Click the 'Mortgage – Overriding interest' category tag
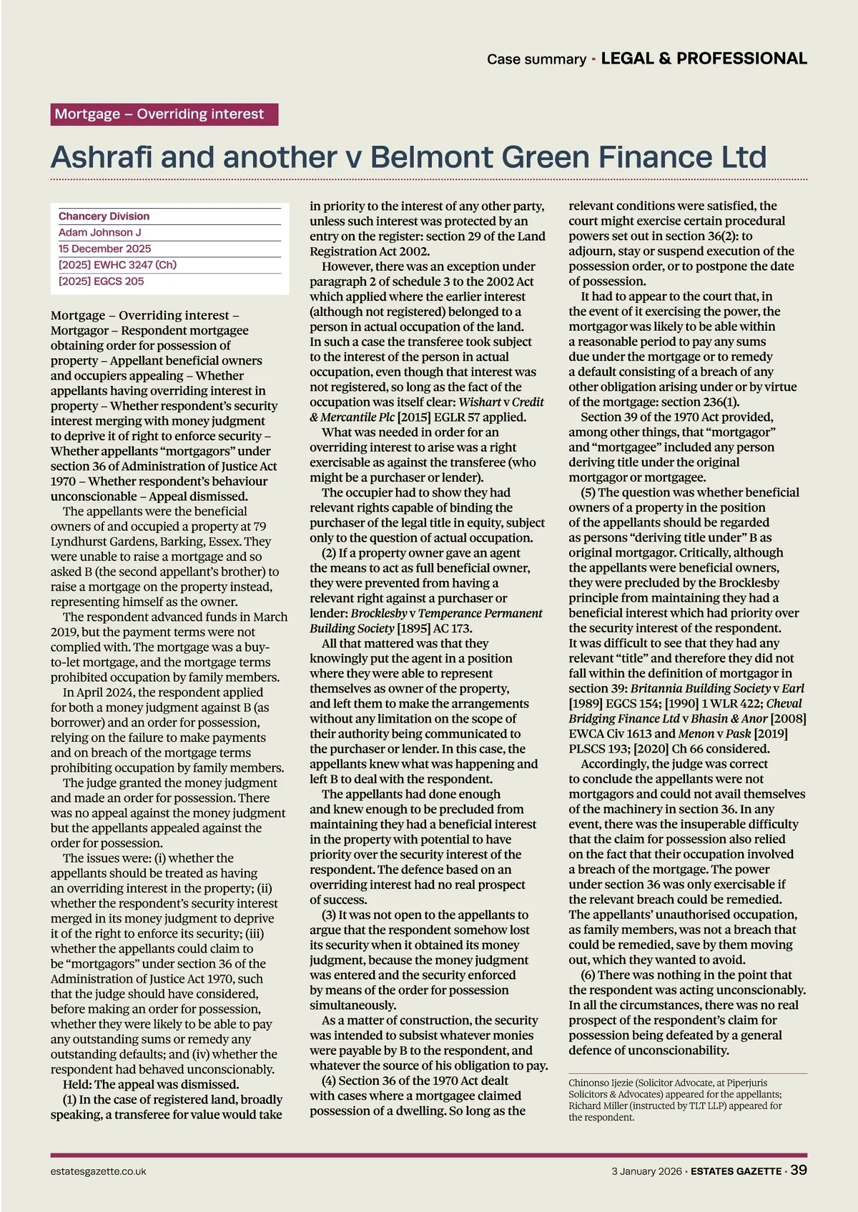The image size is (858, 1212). (x=164, y=114)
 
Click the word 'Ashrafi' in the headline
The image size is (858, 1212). (x=100, y=157)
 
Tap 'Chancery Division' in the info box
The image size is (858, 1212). (x=104, y=217)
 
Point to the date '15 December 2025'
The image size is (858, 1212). (x=104, y=249)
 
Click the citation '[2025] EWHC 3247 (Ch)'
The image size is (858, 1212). (x=117, y=265)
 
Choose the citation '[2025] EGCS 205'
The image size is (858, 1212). (x=101, y=282)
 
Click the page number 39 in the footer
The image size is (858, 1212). (x=799, y=1170)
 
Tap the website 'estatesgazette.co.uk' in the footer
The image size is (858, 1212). (x=99, y=1171)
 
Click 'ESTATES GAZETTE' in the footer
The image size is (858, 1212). (x=736, y=1171)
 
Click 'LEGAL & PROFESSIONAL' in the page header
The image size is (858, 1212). (x=704, y=59)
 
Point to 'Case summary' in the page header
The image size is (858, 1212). (x=536, y=59)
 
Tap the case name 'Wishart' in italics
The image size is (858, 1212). (x=480, y=402)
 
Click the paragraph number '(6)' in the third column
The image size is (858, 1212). (x=588, y=975)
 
